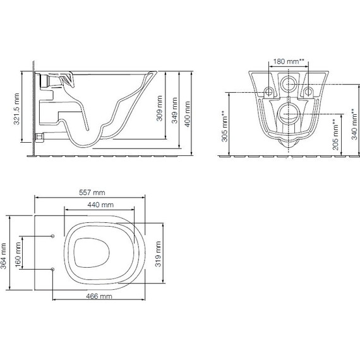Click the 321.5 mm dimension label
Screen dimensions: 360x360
(16, 109)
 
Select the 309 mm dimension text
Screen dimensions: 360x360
(159, 109)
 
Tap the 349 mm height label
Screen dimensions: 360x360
(175, 111)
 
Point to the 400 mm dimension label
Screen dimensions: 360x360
(188, 114)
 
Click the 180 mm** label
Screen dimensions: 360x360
(289, 61)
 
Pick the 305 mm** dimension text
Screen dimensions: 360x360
(224, 126)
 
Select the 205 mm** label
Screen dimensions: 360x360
(335, 135)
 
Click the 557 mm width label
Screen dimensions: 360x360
(92, 193)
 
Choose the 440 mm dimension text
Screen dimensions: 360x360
(100, 205)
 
